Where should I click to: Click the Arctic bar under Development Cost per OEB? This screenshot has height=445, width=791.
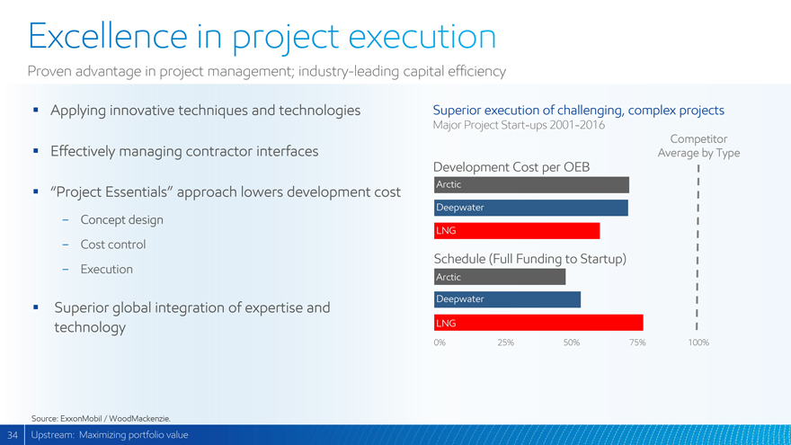coord(530,185)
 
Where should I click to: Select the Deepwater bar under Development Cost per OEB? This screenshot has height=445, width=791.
coord(530,208)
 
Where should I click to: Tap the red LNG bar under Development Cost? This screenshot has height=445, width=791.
coord(516,231)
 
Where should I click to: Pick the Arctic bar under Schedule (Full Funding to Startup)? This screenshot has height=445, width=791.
coord(499,277)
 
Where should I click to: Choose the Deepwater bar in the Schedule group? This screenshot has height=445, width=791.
coord(506,299)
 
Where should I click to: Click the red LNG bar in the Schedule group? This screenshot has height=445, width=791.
coord(538,323)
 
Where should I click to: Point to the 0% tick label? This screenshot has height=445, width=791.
coord(440,343)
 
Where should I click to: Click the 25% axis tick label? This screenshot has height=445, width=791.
coord(505,343)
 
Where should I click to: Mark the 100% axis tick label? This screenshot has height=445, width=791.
coord(698,343)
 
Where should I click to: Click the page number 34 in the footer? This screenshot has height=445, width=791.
coord(13,435)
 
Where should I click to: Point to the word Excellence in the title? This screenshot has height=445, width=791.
coord(102,36)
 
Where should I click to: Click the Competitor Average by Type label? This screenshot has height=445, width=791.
coord(698,146)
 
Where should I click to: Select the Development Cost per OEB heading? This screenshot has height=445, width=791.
coord(511,166)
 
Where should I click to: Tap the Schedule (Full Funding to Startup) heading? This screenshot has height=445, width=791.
coord(529,259)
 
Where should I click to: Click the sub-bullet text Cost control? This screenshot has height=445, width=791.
coord(112,245)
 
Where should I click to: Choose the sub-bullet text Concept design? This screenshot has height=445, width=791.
coord(121,220)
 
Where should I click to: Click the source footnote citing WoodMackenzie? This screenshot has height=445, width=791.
coord(101,418)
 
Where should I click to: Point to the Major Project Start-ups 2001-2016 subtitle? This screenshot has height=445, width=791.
coord(519,125)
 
